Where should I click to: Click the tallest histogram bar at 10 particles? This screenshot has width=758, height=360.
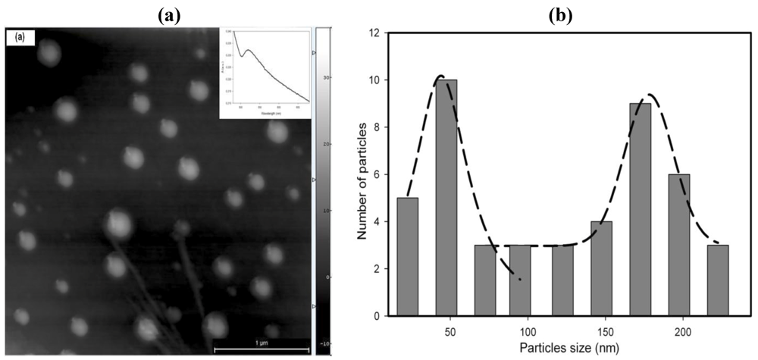click(x=446, y=197)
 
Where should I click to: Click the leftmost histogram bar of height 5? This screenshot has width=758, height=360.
click(x=407, y=256)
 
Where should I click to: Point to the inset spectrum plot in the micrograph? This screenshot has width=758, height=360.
click(x=265, y=73)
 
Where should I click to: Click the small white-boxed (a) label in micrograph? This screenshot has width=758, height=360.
click(x=17, y=36)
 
